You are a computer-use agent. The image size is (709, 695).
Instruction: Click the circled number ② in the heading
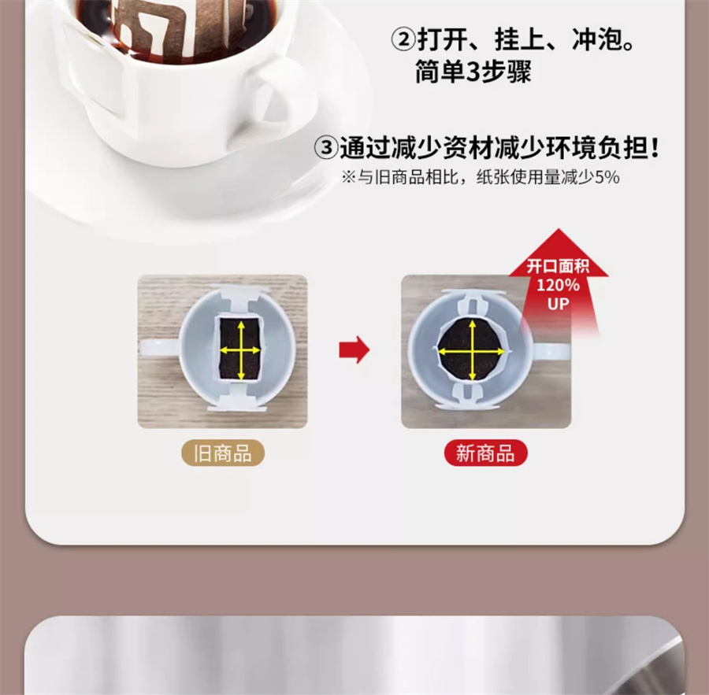point(403,40)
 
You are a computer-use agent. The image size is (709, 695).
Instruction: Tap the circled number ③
point(326,148)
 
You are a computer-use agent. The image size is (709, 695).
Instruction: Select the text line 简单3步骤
point(473,72)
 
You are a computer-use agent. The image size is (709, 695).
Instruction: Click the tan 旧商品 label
point(222,453)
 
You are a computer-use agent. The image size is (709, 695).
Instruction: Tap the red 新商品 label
point(485,453)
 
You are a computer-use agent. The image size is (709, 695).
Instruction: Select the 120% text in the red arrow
point(558,285)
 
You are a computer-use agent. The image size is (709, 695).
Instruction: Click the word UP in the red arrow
point(558,304)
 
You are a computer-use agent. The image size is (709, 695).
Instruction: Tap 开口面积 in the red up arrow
point(558,267)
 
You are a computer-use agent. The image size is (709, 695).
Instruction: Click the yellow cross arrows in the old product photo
point(240,350)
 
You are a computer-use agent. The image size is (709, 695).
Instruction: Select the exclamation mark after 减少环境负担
point(655,148)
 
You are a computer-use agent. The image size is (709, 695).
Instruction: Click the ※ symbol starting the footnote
point(349,177)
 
